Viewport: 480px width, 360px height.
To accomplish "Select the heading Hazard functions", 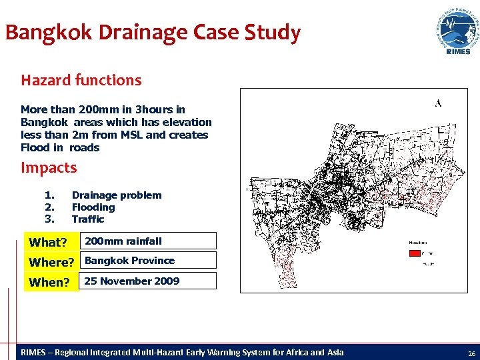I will (81, 81).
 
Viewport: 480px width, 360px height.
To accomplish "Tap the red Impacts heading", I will (49, 168).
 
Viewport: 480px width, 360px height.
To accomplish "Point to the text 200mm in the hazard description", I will (97, 109).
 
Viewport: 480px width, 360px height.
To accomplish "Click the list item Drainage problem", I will (117, 195).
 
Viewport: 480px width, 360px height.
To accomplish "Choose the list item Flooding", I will (93, 207).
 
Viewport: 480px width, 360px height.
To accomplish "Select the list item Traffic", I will (88, 219).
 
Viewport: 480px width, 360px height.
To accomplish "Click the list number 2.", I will (48, 207).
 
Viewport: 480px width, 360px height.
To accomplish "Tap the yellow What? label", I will (48, 242).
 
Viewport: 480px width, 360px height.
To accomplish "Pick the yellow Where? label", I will (51, 262).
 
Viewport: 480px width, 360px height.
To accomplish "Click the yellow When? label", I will (49, 282).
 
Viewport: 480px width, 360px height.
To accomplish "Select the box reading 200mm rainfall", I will (148, 241).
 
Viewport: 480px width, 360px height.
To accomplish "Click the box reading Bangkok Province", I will (148, 261).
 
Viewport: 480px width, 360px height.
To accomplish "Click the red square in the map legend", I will (414, 253).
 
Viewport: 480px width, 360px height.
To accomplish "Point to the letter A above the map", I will (438, 103).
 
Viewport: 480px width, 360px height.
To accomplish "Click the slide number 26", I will (471, 353).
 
